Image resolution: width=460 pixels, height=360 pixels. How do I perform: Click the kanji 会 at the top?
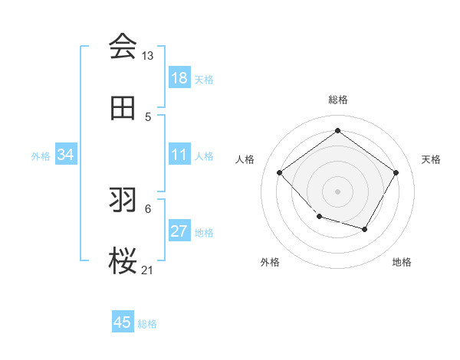[x=122, y=47]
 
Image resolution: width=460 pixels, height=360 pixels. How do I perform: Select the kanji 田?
[x=122, y=108]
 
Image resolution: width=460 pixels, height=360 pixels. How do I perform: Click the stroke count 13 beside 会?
[x=148, y=56]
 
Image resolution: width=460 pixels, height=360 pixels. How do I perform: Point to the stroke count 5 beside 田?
[x=148, y=117]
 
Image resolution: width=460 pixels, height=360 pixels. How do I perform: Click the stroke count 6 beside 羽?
[x=148, y=208]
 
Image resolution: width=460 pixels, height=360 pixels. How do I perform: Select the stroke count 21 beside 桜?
[x=148, y=270]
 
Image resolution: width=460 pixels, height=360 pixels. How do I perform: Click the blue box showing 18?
[x=179, y=78]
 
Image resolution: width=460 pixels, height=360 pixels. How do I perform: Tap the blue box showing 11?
[x=179, y=155]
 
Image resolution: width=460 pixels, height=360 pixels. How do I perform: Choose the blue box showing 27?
[x=179, y=231]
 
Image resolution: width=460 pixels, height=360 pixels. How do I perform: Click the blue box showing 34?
[x=66, y=155]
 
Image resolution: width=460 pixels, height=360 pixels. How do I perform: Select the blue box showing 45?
[x=123, y=322]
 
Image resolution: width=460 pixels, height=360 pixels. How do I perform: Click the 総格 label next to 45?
[x=147, y=324]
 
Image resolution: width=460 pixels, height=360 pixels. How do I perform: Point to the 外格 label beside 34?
[x=41, y=156]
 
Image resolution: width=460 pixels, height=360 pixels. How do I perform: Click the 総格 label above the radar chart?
[x=337, y=100]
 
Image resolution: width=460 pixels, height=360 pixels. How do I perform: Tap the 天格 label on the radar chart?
[x=431, y=159]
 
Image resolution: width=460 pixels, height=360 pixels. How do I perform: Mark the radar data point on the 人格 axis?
[x=280, y=172]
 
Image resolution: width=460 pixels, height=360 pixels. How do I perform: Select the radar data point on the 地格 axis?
[x=365, y=229]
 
